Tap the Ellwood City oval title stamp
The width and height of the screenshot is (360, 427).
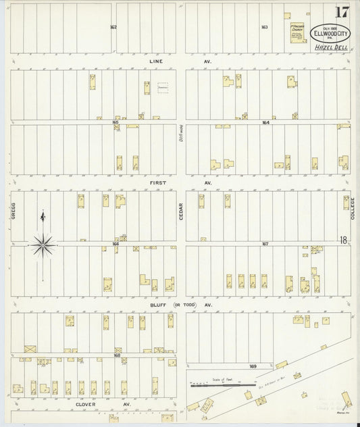tap(330, 32)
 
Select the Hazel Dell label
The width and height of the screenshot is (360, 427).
tap(329, 47)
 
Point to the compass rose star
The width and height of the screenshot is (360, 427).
tap(42, 245)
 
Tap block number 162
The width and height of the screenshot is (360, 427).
tap(113, 27)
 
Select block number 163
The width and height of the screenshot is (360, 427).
tap(265, 27)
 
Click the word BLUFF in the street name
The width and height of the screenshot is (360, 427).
tap(158, 305)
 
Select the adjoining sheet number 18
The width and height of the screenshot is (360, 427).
tap(344, 240)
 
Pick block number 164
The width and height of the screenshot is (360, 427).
tap(265, 122)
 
